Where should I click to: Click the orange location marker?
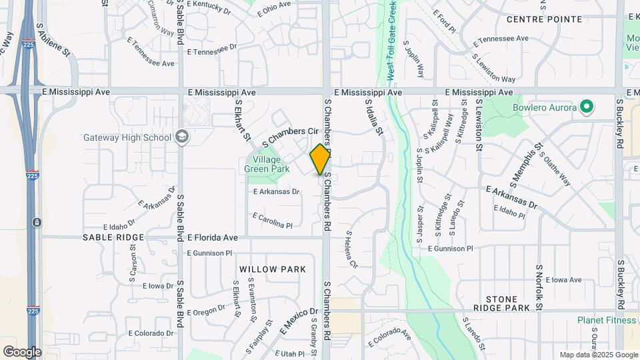(321, 159)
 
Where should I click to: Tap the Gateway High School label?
(127, 138)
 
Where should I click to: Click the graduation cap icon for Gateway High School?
(182, 137)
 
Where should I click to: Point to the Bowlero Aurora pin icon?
(587, 107)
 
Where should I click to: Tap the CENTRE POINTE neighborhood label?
(544, 19)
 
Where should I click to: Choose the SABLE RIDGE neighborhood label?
(113, 237)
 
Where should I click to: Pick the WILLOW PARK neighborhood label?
(273, 269)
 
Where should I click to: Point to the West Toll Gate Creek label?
(391, 40)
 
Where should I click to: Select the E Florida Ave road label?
(212, 237)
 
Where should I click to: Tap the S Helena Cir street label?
(352, 249)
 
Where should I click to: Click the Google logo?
(22, 351)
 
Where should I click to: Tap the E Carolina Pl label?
(273, 221)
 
